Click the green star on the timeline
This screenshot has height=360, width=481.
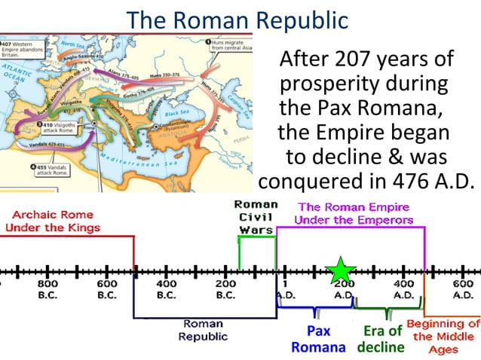342,270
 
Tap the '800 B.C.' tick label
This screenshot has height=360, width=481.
47,289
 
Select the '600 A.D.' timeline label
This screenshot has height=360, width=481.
462,289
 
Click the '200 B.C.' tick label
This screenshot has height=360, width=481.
225,289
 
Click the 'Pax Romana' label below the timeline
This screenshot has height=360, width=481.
318,339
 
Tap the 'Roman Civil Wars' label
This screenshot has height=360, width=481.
256,217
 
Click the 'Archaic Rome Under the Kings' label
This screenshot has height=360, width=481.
52,221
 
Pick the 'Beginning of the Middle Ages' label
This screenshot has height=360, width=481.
443,337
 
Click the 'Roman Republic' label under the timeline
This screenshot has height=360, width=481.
203,330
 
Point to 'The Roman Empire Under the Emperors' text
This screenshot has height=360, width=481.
354,213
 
